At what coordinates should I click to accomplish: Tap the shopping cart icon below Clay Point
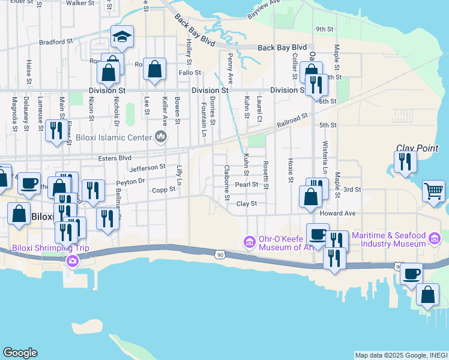(x=433, y=191)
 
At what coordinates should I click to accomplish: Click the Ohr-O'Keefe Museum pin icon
(x=249, y=242)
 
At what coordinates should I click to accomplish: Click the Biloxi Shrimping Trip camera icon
(x=73, y=260)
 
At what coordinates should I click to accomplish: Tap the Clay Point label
(x=422, y=148)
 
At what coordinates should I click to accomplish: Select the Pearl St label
(x=246, y=185)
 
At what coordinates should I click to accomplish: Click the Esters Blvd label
(x=114, y=158)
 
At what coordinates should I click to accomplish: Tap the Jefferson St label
(x=147, y=168)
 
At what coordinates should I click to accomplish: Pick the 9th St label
(x=324, y=29)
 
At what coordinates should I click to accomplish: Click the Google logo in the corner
(x=20, y=353)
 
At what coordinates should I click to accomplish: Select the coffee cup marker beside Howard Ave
(x=318, y=233)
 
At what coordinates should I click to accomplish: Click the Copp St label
(x=163, y=190)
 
